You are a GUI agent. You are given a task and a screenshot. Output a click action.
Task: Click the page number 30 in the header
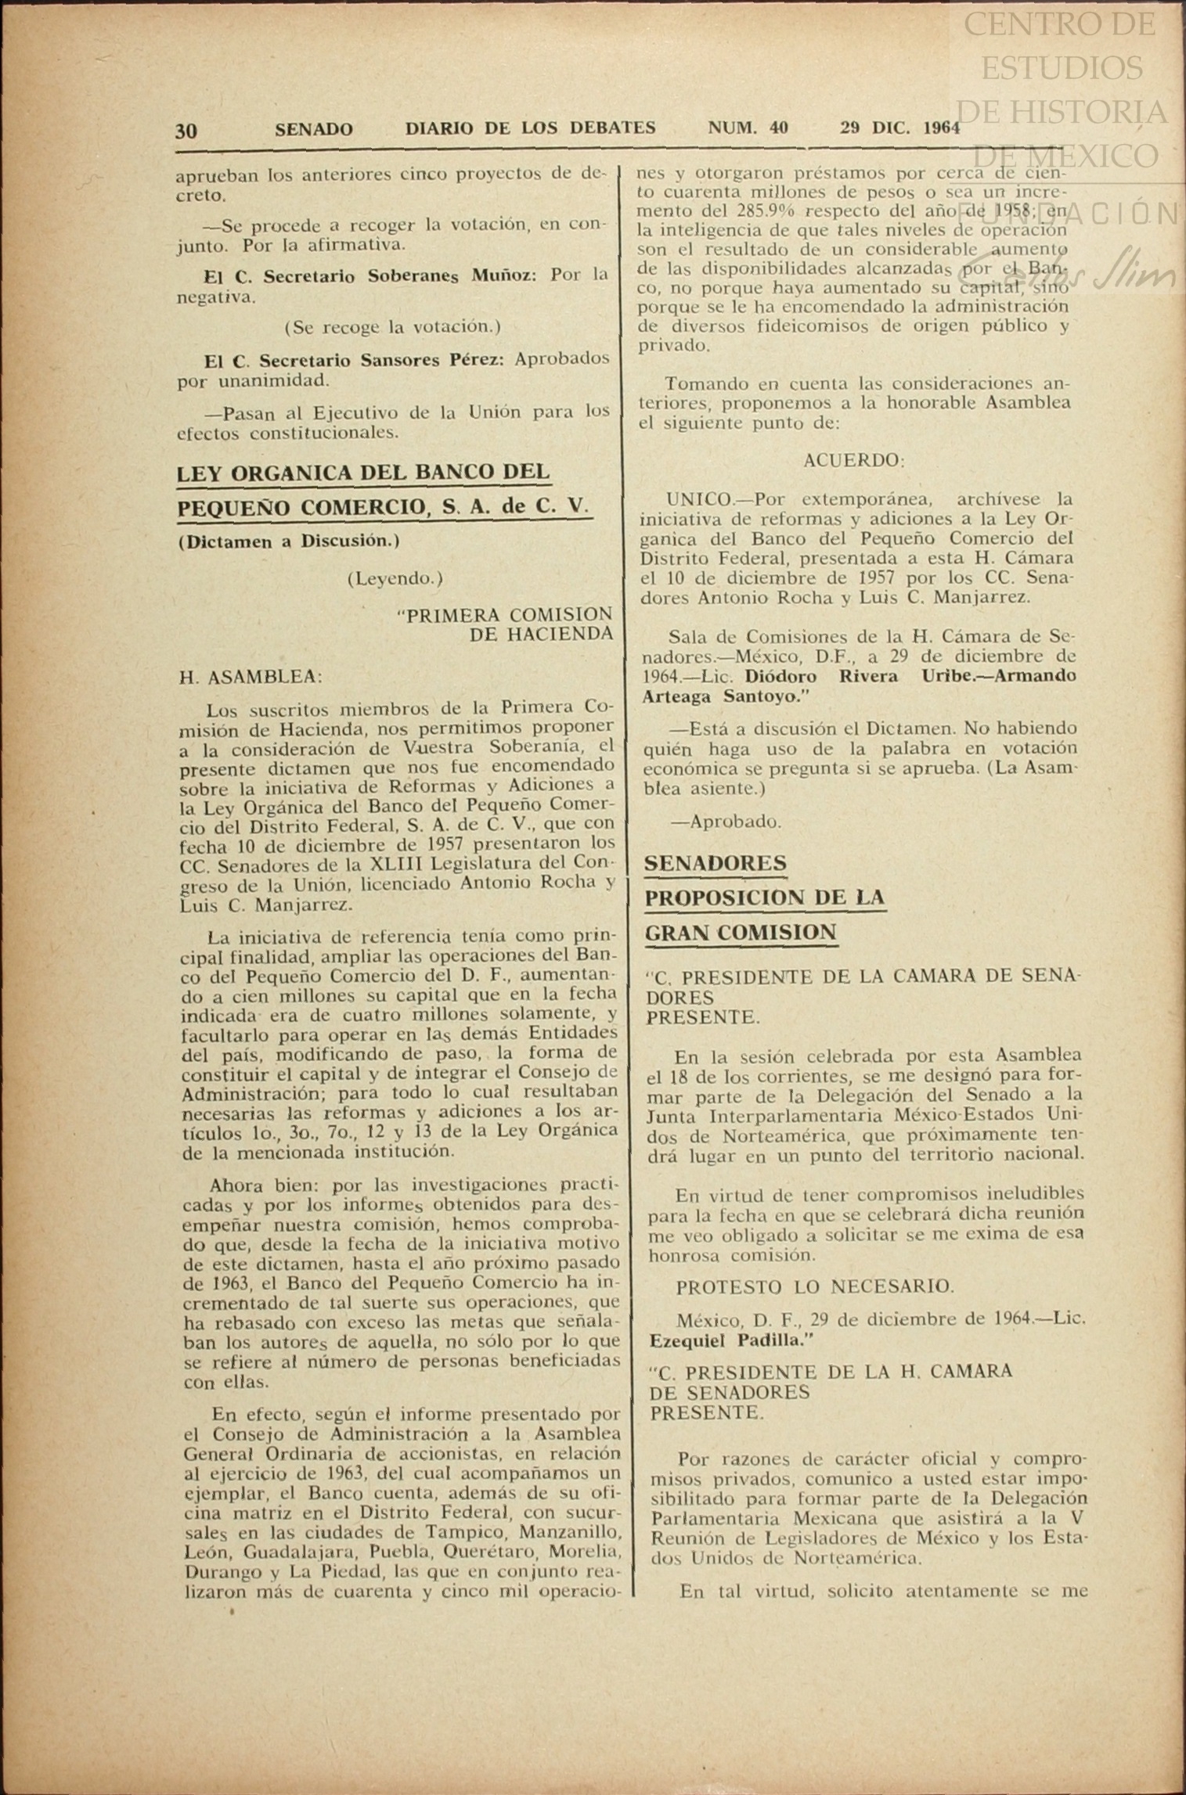[186, 130]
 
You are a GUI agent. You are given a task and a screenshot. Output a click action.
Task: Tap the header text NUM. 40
[748, 128]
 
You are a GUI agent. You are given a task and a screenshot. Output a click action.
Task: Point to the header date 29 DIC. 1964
[899, 128]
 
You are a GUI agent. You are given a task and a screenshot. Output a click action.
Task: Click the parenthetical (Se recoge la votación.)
[392, 326]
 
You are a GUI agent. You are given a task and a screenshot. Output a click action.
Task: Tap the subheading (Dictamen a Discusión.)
[289, 541]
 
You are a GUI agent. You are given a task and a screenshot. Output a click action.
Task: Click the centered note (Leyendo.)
[395, 579]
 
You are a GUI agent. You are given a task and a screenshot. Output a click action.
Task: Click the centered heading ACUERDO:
[853, 461]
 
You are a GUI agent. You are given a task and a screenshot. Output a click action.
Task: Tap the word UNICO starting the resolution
[699, 499]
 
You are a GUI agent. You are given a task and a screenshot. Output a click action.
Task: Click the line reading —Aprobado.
[725, 822]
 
